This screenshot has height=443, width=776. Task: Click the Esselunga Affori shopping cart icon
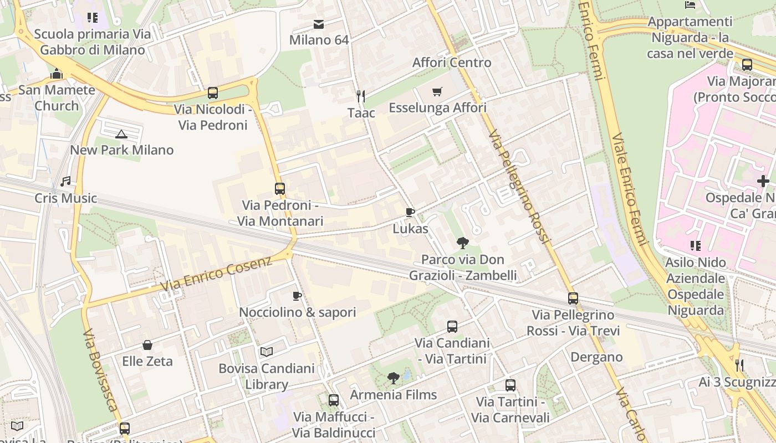tap(437, 91)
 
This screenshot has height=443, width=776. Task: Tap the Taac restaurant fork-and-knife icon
tap(361, 96)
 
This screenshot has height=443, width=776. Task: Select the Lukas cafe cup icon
tap(410, 212)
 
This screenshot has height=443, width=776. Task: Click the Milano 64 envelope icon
tap(319, 24)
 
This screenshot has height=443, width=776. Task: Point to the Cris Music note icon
tap(65, 182)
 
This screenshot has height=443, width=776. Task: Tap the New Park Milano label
tap(121, 150)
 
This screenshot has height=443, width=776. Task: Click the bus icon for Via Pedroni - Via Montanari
tap(280, 189)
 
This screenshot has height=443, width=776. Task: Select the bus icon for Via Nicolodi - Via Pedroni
tap(213, 93)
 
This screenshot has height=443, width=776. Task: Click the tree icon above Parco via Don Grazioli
tap(462, 243)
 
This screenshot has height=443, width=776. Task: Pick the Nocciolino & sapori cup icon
tap(297, 296)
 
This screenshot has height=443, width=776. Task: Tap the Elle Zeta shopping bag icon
tap(147, 345)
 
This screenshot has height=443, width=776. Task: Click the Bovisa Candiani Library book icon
tap(267, 352)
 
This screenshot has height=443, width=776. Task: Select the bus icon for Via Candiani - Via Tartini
tap(452, 327)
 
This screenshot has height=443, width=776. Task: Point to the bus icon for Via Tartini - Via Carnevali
tap(510, 385)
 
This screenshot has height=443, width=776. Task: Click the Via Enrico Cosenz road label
tap(216, 274)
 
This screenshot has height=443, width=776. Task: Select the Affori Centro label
tap(452, 63)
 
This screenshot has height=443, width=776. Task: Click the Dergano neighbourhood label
tap(596, 357)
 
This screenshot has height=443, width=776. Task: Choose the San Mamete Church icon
tap(57, 73)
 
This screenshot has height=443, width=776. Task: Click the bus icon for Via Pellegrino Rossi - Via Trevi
tap(573, 298)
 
